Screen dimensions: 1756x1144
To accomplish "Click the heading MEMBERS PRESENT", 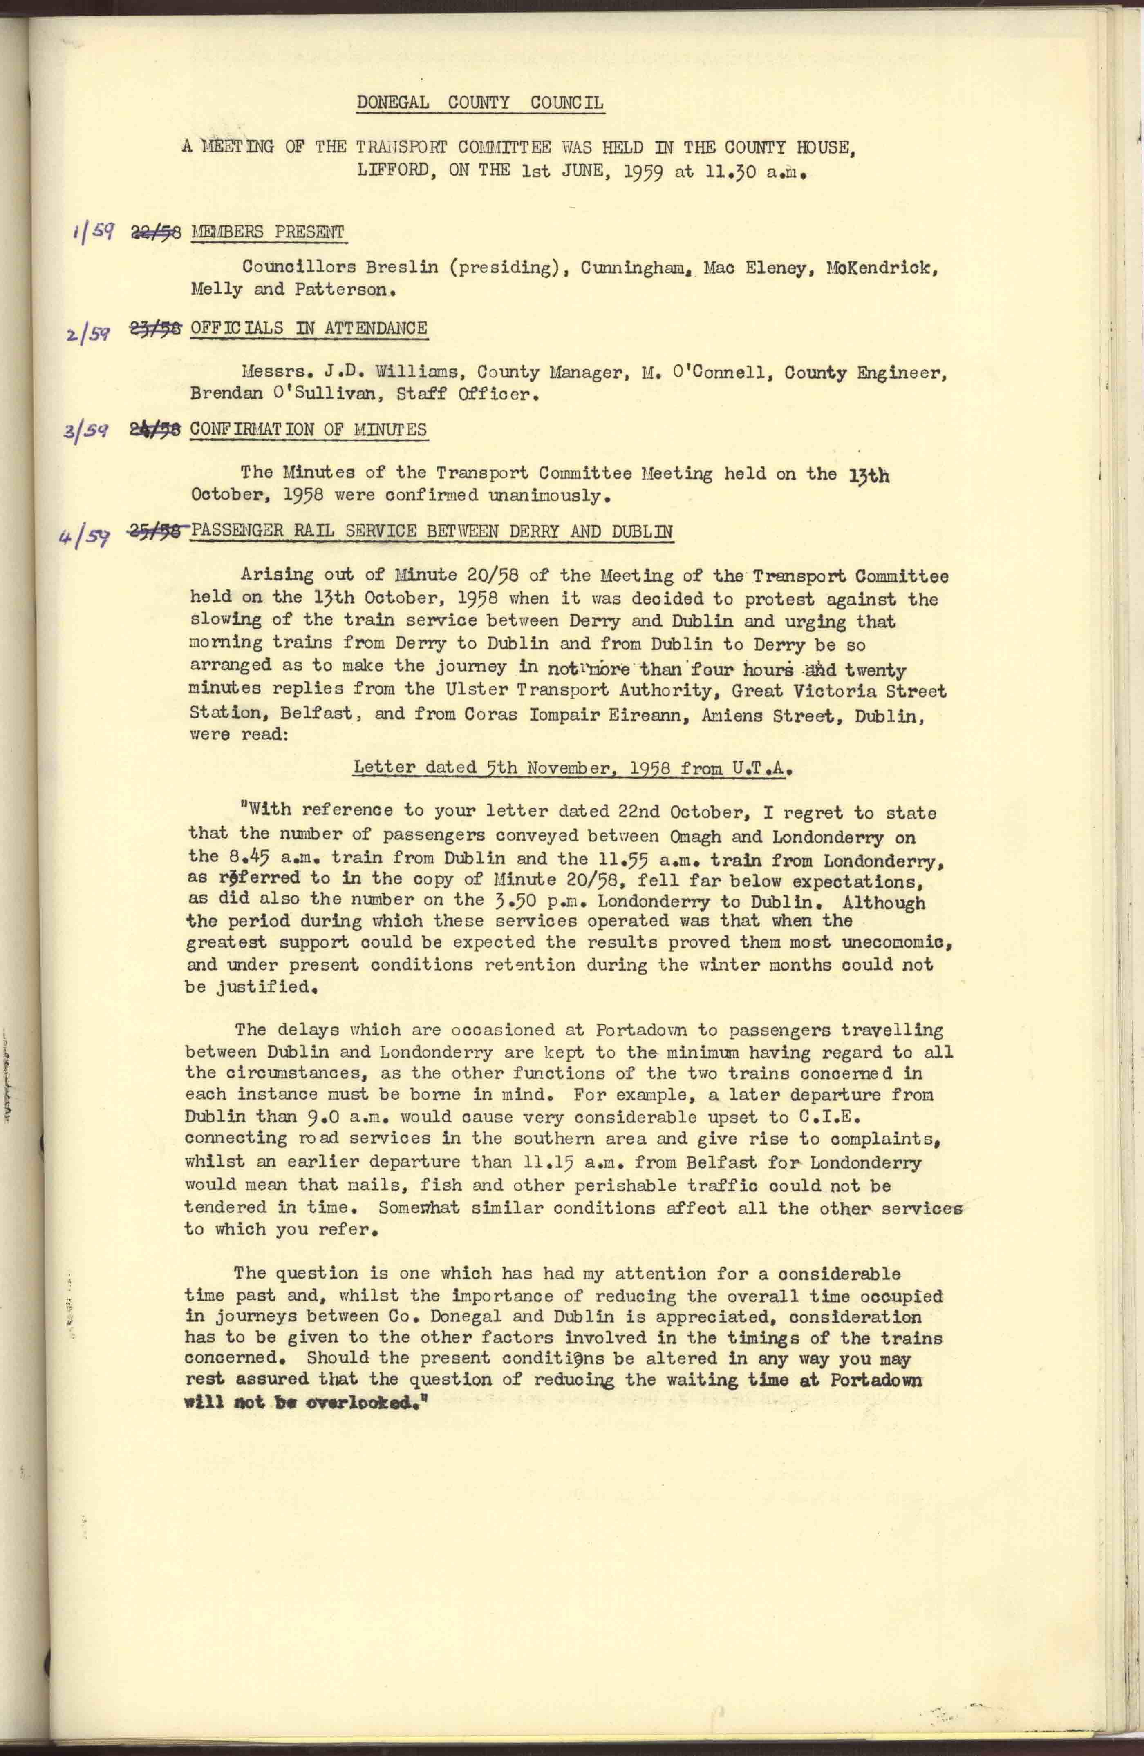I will [x=267, y=232].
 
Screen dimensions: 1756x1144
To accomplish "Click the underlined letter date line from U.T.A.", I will [x=573, y=768].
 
